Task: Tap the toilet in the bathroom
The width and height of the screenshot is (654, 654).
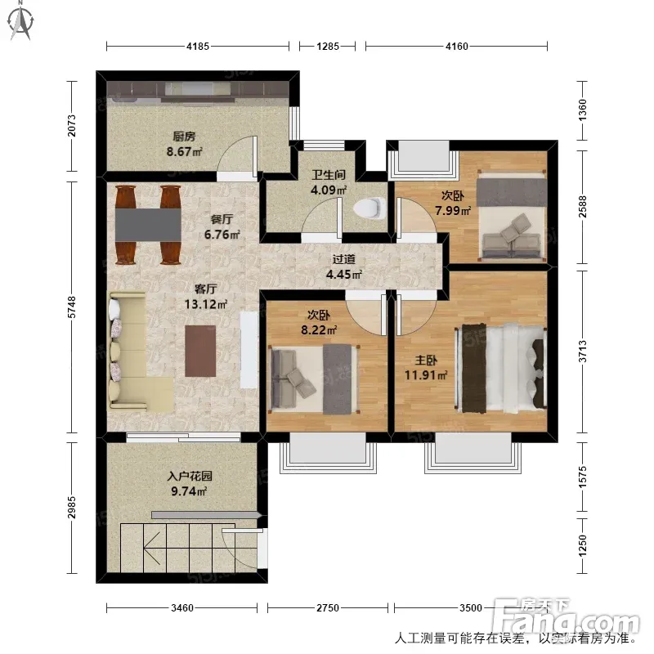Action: point(370,208)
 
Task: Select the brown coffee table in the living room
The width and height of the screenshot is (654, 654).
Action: point(200,351)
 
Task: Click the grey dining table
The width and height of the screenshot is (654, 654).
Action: point(148,224)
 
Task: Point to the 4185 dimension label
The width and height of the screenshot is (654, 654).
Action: point(198,47)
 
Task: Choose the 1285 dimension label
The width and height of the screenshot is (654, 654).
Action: point(328,47)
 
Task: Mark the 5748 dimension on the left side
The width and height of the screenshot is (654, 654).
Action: point(72,307)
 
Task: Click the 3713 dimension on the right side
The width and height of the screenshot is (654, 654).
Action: point(583,352)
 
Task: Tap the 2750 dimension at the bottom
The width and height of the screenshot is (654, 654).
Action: point(328,608)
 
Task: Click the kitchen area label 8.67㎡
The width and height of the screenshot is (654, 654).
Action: point(185,151)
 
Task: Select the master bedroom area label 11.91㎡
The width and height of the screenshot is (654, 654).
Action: point(426,375)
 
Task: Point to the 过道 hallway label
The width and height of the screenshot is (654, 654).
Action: point(343,259)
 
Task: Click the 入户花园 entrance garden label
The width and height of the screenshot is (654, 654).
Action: point(190,476)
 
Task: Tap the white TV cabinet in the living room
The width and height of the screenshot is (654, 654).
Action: point(249,350)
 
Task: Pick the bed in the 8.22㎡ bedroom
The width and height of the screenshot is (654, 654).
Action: point(315,379)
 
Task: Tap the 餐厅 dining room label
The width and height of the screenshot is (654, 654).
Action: point(222,219)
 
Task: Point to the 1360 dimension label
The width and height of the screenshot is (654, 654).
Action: point(583,110)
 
